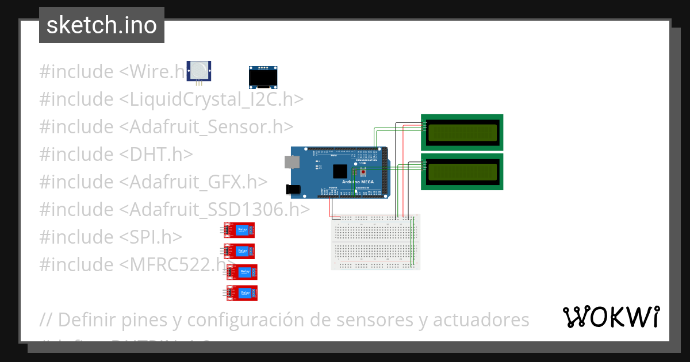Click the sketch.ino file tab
point(101,25)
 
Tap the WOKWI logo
point(611,317)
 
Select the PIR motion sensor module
point(199,71)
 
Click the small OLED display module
point(261,77)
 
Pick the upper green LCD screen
point(462,132)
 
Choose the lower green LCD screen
point(462,171)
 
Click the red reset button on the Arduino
point(363,171)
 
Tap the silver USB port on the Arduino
point(292,162)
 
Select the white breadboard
point(375,241)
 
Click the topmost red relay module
point(239,230)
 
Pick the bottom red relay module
point(241,292)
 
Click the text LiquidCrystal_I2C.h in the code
point(212,99)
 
